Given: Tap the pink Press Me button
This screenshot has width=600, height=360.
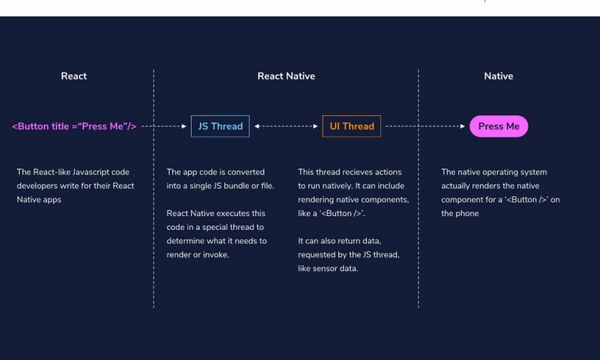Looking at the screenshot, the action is (x=498, y=126).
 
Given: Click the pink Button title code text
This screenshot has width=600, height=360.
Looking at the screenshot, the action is (x=74, y=126).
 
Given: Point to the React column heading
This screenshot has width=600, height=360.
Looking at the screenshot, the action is (x=74, y=76).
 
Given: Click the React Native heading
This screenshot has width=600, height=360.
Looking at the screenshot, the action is (x=286, y=76).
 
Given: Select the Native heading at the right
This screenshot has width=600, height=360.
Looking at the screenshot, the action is (x=498, y=76).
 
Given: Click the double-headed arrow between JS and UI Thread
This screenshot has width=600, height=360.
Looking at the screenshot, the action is (x=286, y=126).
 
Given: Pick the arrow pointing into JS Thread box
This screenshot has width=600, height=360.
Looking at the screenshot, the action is (x=164, y=126).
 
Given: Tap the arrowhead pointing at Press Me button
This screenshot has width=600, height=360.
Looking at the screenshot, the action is (x=463, y=126).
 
